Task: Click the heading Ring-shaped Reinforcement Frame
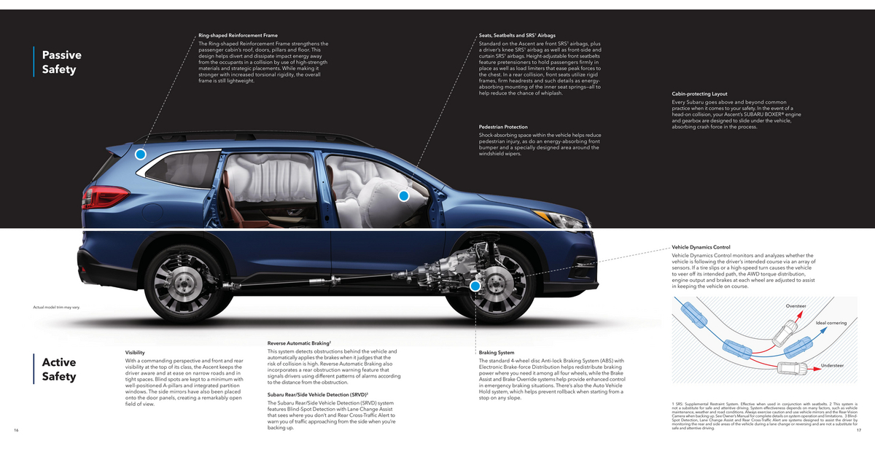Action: click(238, 35)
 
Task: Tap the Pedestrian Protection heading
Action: click(503, 127)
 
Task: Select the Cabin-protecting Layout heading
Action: click(699, 94)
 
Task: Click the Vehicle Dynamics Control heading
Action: click(701, 247)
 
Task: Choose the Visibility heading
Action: click(135, 353)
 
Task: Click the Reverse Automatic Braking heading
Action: click(300, 343)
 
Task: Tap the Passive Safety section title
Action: click(61, 62)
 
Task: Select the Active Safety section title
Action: click(59, 369)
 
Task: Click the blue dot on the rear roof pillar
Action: click(141, 155)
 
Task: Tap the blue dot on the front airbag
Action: click(403, 195)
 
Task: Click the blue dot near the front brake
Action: click(475, 286)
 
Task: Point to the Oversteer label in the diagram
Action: click(796, 305)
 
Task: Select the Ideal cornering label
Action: click(831, 323)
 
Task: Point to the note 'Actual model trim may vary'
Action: click(56, 308)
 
